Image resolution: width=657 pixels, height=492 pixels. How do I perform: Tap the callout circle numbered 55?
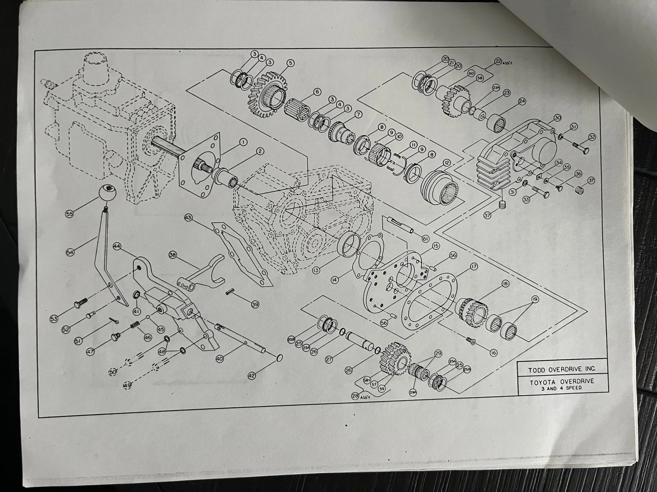click(69, 214)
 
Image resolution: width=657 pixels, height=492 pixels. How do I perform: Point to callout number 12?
click(446, 162)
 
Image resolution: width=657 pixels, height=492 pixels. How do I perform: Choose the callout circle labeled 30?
click(557, 117)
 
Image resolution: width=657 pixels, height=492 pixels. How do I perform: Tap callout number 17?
click(474, 267)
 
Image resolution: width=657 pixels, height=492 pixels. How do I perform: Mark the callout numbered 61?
click(425, 239)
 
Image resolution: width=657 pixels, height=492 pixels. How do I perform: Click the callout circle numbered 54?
click(70, 252)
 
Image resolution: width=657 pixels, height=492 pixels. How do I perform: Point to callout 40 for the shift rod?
click(220, 358)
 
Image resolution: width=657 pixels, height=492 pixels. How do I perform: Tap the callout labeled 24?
click(522, 102)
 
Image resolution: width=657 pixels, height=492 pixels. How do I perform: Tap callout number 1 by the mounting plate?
click(243, 142)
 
